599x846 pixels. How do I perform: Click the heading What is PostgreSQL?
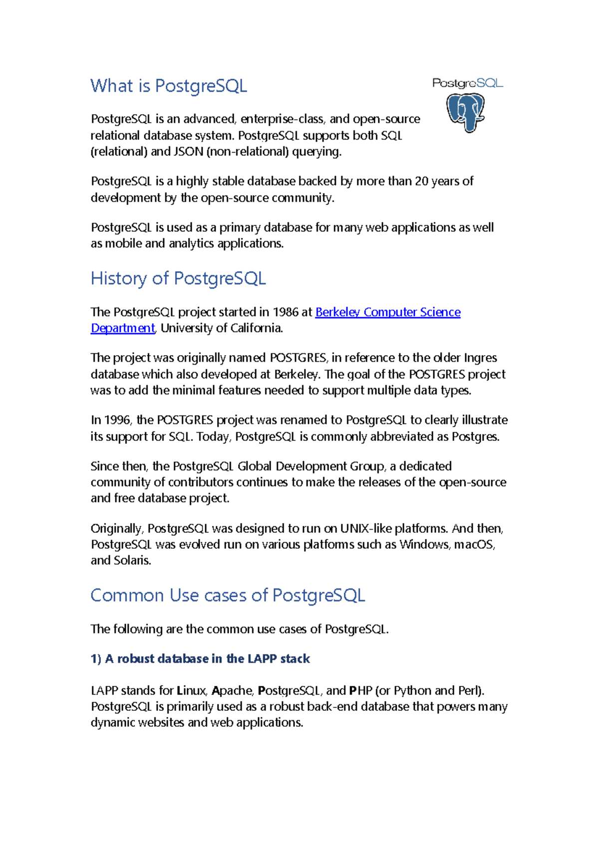click(169, 86)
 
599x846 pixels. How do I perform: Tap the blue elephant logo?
click(466, 113)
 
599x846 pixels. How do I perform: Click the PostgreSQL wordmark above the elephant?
click(467, 83)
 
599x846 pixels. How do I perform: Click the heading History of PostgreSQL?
click(178, 278)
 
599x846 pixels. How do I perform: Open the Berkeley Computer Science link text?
click(388, 312)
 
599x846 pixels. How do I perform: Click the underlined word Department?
click(123, 328)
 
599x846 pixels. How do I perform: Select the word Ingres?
click(480, 358)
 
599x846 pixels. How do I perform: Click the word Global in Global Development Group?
click(255, 466)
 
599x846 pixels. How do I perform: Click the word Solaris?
click(132, 561)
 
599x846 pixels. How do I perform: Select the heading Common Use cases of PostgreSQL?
click(228, 596)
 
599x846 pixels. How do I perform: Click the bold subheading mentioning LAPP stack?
click(200, 659)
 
